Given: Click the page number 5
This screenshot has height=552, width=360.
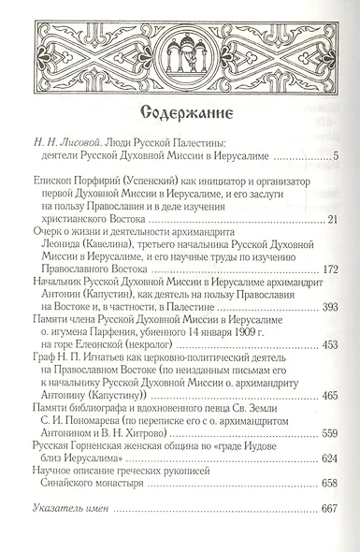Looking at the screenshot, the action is [334, 153].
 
